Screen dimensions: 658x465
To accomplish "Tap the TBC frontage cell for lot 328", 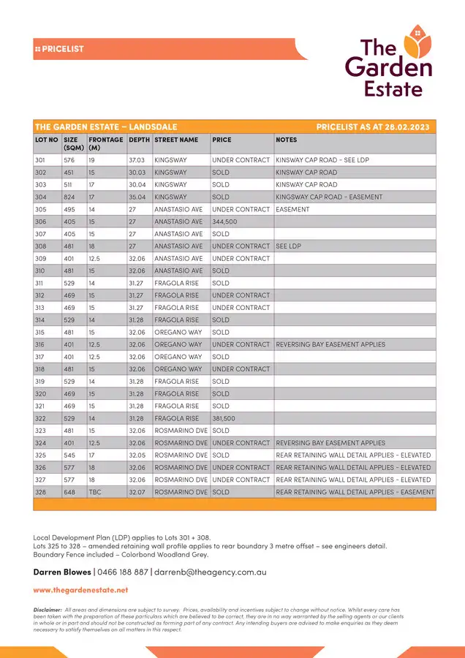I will pos(95,492).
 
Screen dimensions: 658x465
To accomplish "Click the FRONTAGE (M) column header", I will pos(105,143).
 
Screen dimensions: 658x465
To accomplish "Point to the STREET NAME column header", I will pos(176,140).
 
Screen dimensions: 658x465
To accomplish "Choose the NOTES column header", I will pos(286,140).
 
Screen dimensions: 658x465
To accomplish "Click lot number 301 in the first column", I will pos(41,160).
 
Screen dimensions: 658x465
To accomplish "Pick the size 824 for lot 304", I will pos(70,197).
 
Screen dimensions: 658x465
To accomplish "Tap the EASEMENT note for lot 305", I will pos(292,209).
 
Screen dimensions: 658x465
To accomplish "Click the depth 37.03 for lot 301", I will pos(137,160).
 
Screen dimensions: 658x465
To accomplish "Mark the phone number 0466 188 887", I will pos(123,572).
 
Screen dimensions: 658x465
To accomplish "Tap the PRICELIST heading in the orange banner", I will pos(63,49).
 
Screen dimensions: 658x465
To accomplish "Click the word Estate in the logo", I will pos(393,90).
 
